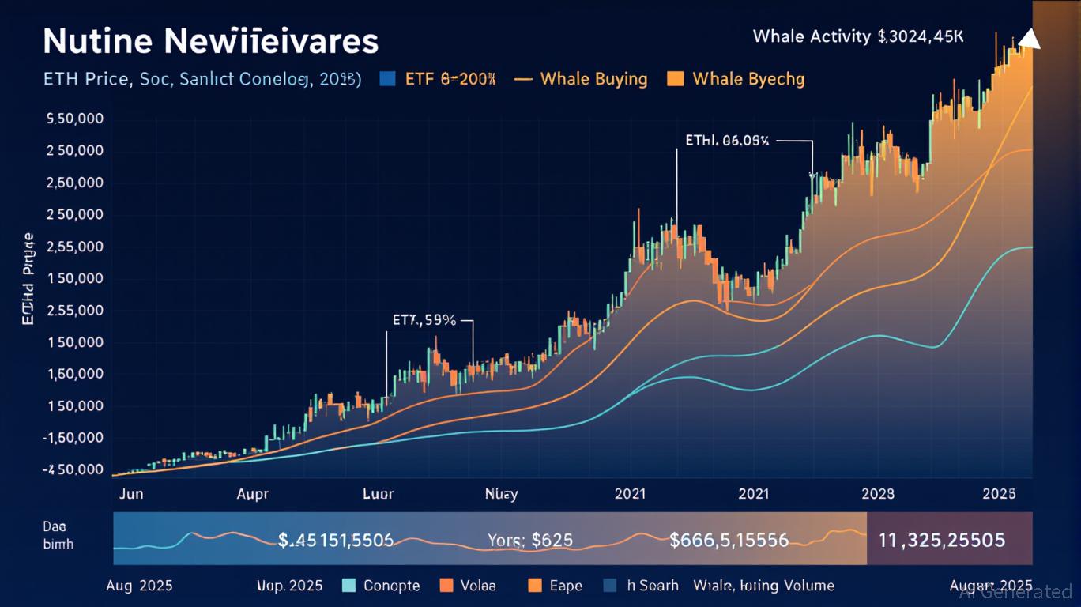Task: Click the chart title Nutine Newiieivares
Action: pyautogui.click(x=210, y=41)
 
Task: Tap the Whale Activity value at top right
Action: pyautogui.click(x=858, y=36)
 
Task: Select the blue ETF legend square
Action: pyautogui.click(x=386, y=79)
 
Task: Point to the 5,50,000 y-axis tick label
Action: pyautogui.click(x=76, y=119)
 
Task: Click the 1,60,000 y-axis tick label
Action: pyautogui.click(x=76, y=375)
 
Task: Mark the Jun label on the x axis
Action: pyautogui.click(x=130, y=494)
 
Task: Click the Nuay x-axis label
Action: pyautogui.click(x=501, y=494)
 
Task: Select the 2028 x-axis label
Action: pyautogui.click(x=878, y=494)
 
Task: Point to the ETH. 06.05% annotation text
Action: pyautogui.click(x=727, y=141)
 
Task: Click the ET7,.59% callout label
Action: pyautogui.click(x=424, y=321)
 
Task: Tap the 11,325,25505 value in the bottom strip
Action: pyautogui.click(x=942, y=541)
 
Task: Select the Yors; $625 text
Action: pyautogui.click(x=530, y=541)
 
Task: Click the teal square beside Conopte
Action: pyautogui.click(x=351, y=586)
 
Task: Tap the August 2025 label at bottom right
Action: pyautogui.click(x=990, y=586)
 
